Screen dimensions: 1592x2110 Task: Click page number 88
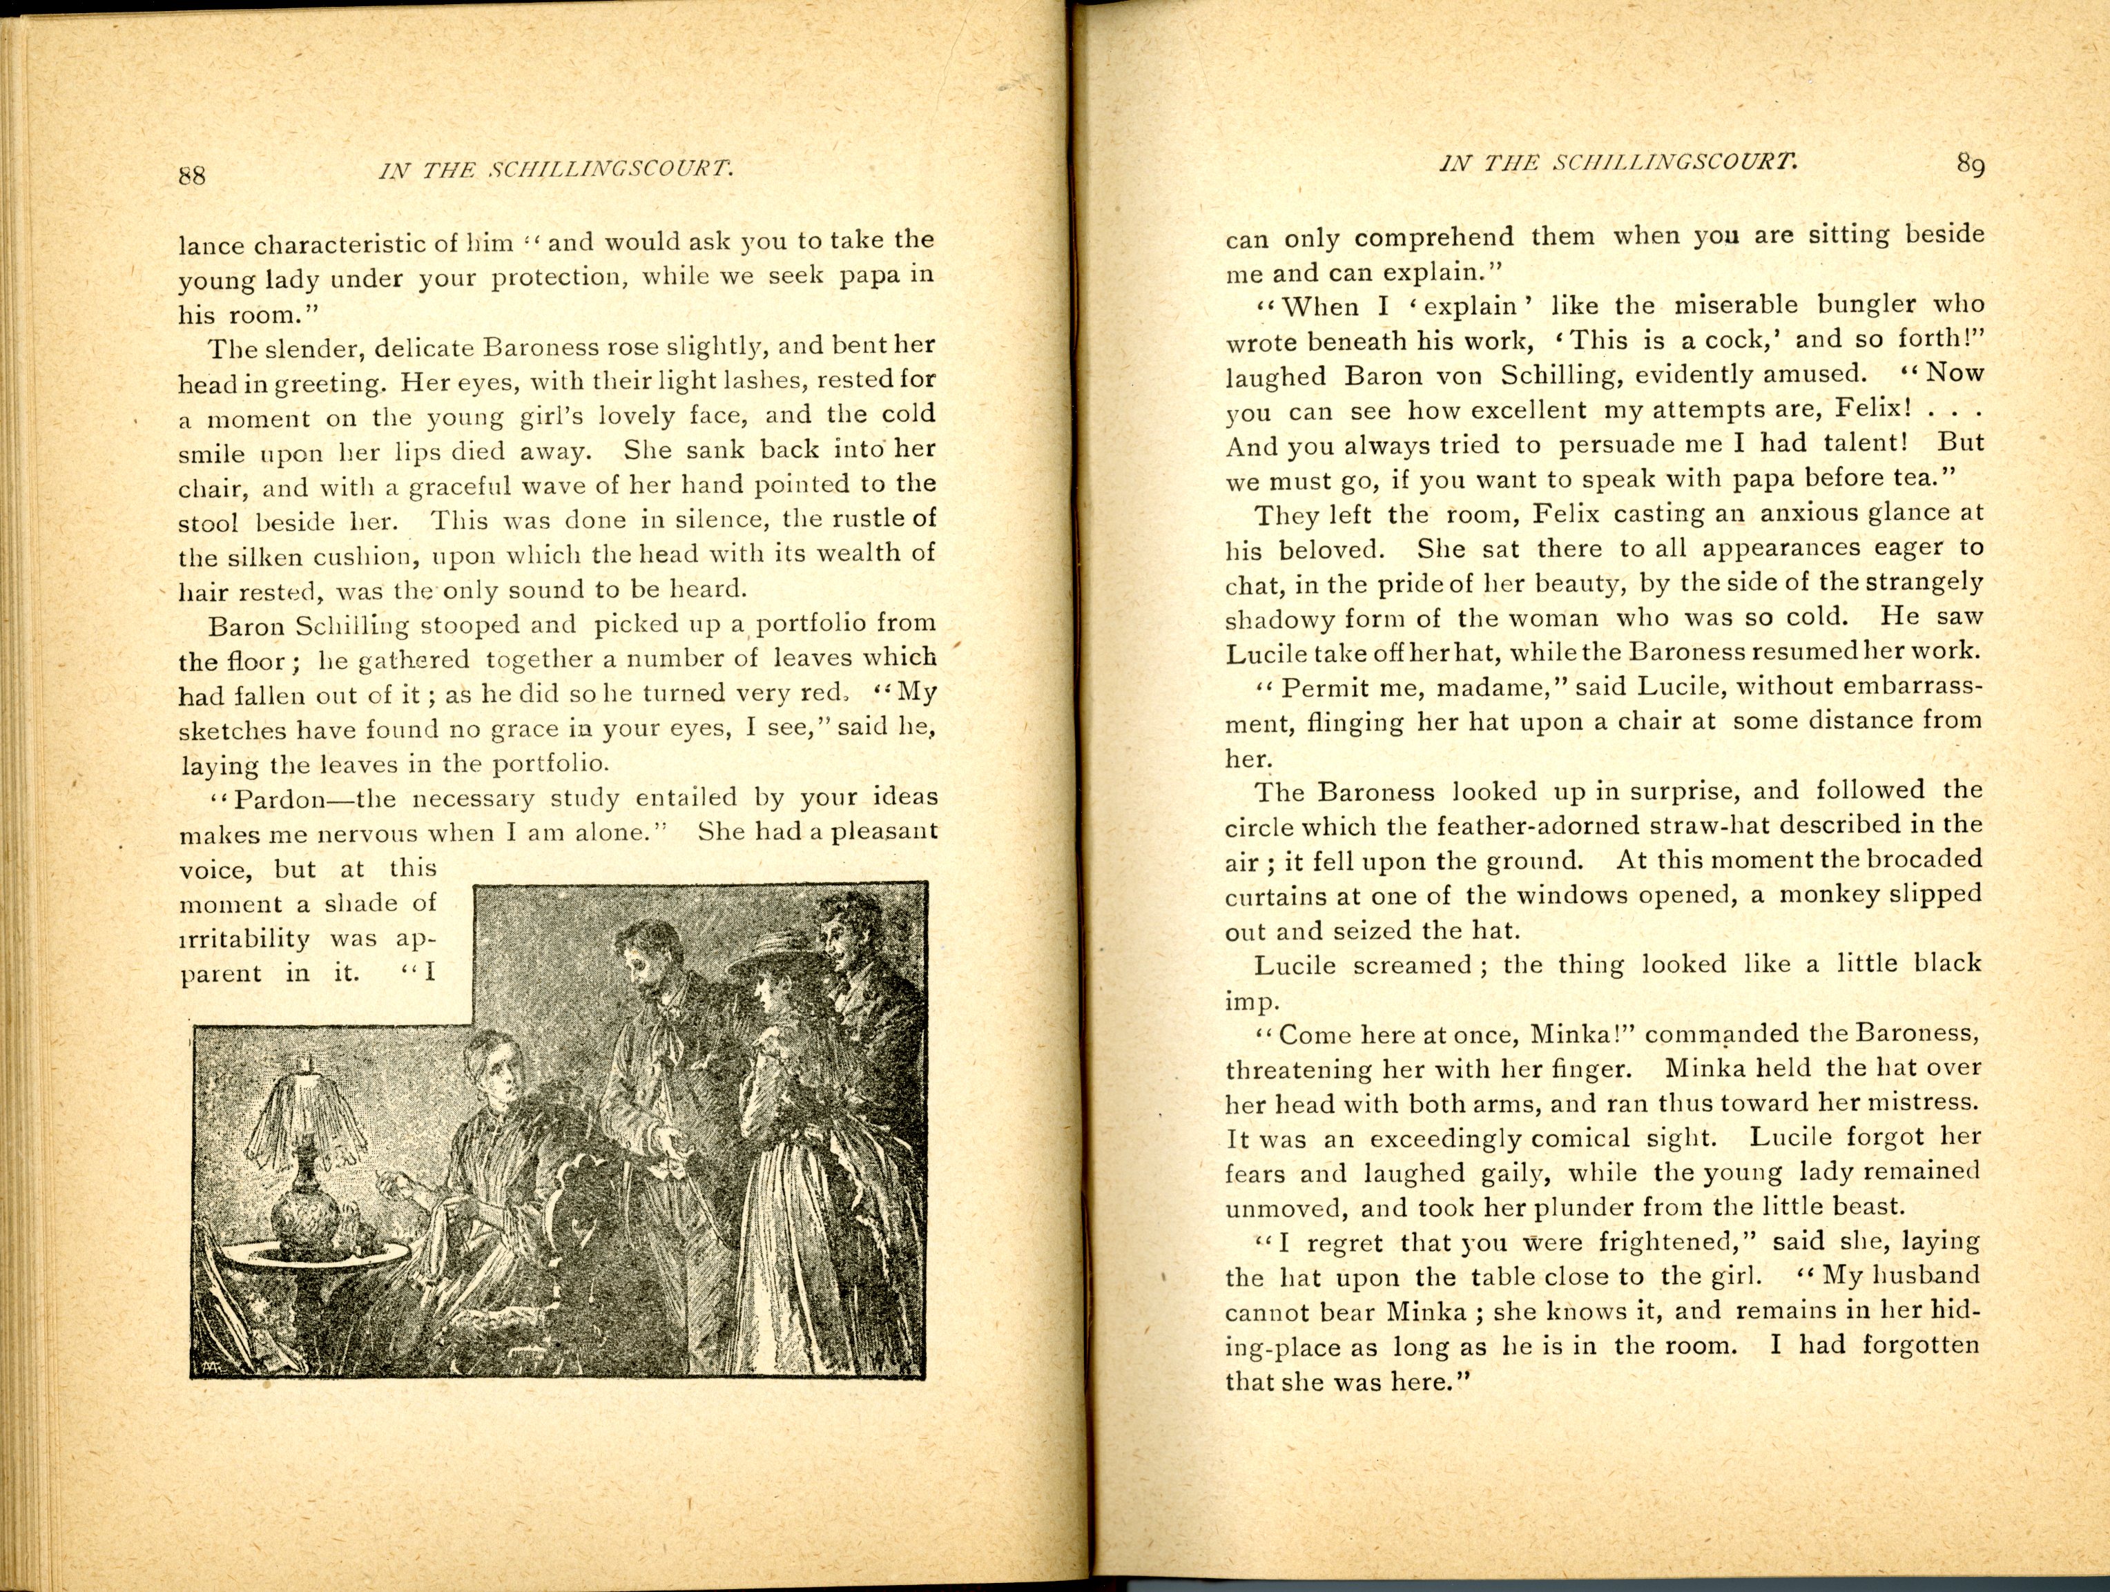pyautogui.click(x=192, y=175)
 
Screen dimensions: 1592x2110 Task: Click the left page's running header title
pyautogui.click(x=556, y=171)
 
